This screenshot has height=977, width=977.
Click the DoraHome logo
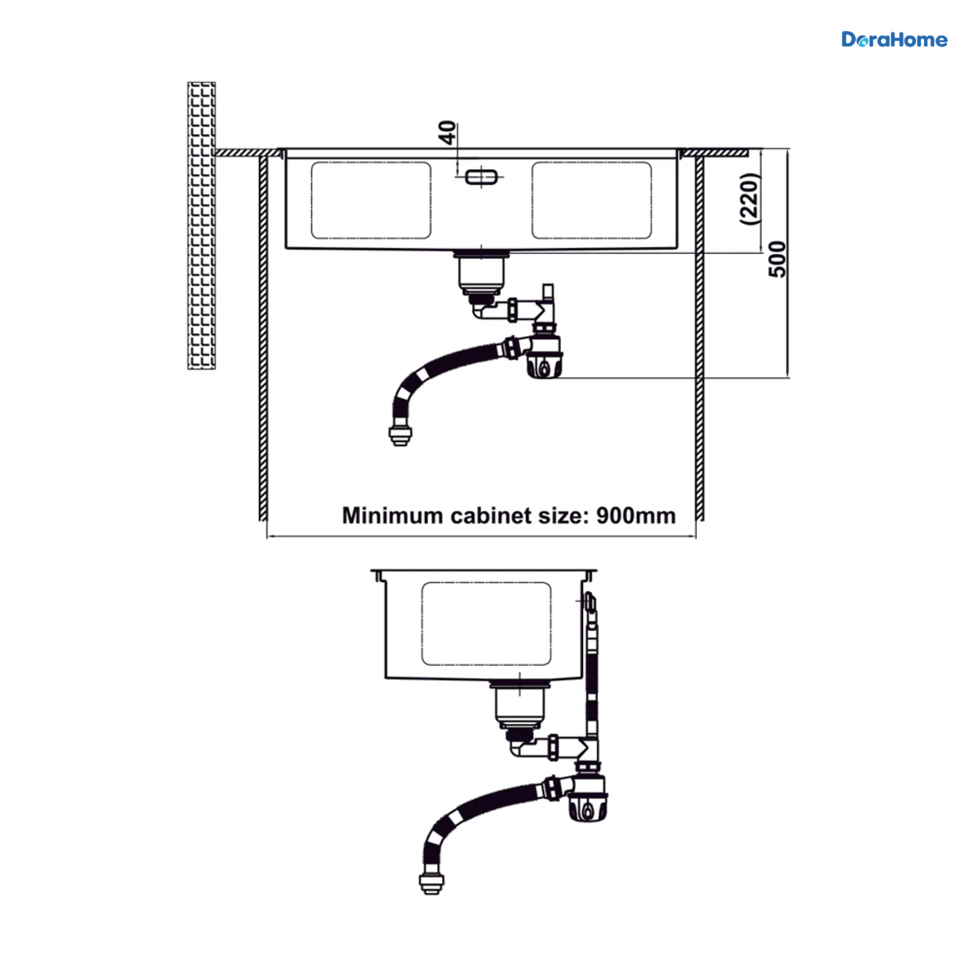[894, 40]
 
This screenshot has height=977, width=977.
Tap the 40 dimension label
[447, 133]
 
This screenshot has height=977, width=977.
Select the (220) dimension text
[751, 199]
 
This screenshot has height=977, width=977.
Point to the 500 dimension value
[777, 259]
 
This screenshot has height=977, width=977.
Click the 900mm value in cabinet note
[636, 515]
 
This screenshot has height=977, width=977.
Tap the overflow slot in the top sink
[481, 177]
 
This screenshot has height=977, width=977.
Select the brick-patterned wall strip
[201, 225]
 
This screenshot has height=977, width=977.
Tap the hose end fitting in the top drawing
[400, 435]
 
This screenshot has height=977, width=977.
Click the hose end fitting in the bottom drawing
[432, 883]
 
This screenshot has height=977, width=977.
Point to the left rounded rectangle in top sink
[371, 200]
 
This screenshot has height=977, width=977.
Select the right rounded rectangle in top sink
[592, 200]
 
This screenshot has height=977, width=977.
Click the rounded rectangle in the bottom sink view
[486, 624]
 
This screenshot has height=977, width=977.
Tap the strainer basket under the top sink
[481, 273]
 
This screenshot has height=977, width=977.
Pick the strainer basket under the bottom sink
[519, 706]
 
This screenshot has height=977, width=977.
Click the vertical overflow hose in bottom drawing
[591, 665]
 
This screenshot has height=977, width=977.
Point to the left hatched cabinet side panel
[263, 338]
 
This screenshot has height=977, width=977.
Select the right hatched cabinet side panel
[699, 338]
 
